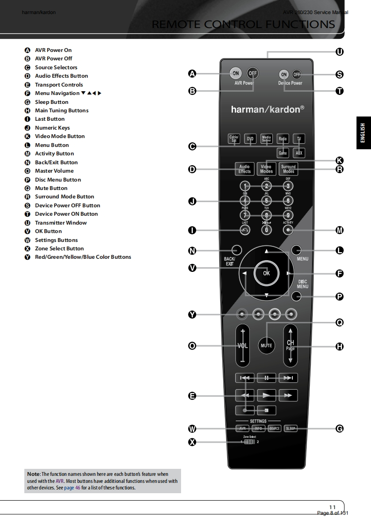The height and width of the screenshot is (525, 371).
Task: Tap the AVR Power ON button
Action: click(x=236, y=73)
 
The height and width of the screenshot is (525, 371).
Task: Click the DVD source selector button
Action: click(x=251, y=139)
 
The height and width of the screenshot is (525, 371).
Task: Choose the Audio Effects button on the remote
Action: click(x=245, y=169)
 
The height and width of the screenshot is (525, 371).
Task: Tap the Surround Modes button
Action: click(x=288, y=169)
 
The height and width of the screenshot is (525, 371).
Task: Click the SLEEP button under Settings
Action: click(x=291, y=428)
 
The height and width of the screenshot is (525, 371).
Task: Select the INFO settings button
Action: click(x=258, y=428)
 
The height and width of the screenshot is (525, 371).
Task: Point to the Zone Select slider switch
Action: click(x=250, y=441)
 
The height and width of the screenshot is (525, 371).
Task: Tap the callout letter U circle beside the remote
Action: click(x=340, y=51)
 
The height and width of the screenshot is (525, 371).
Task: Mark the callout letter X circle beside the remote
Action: click(x=191, y=441)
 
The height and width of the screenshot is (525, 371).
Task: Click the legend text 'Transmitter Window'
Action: click(x=61, y=223)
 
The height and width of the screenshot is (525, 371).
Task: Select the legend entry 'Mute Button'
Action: click(x=51, y=188)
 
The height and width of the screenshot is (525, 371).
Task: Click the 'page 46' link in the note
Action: click(x=72, y=488)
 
